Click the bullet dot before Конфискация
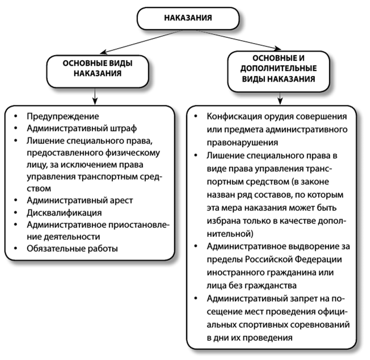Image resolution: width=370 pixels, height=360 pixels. pyautogui.click(x=196, y=117)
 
